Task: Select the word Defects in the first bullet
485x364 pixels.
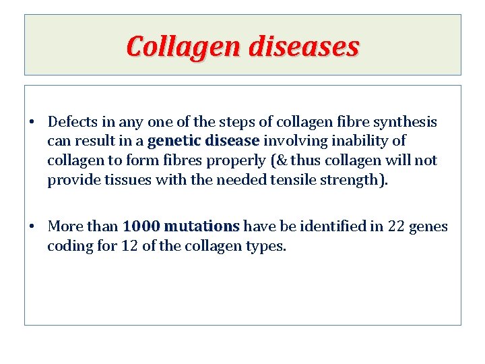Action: [73, 122]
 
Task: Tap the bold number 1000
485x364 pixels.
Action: [141, 226]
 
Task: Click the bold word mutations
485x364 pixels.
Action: [201, 226]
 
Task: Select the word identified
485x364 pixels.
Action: [332, 226]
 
